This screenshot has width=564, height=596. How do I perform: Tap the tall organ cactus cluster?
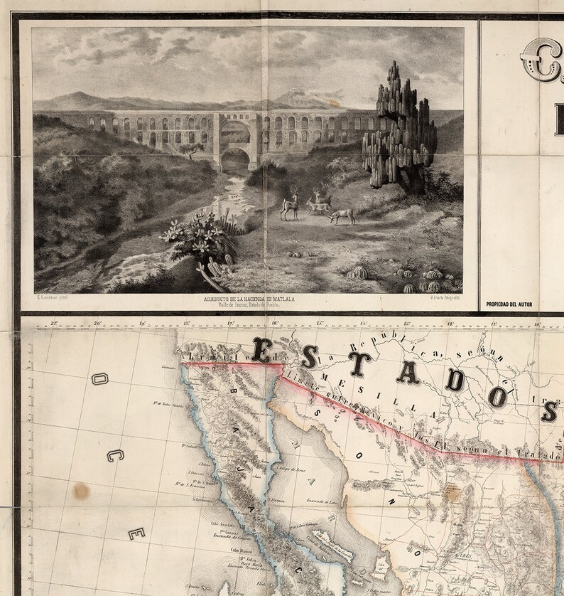pyautogui.click(x=398, y=128)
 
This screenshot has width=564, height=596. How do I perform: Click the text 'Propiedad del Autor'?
pyautogui.click(x=509, y=304)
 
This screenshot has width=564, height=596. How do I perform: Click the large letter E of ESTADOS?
pyautogui.click(x=262, y=350)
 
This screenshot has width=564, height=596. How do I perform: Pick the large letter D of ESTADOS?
pyautogui.click(x=455, y=381)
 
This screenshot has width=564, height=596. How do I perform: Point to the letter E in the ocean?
pyautogui.click(x=134, y=533)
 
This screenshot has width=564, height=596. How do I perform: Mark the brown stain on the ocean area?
pyautogui.click(x=82, y=490)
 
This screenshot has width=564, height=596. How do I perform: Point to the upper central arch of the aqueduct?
pyautogui.click(x=235, y=132)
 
